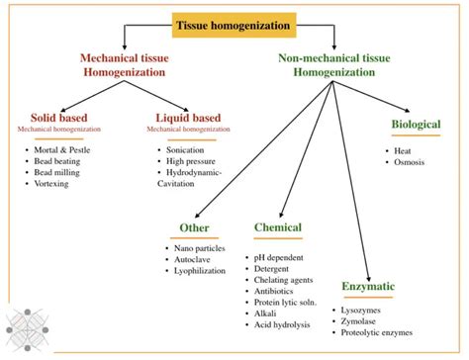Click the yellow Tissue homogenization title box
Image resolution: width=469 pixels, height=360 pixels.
pos(234,22)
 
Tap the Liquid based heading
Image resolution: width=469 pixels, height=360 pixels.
pos(189,118)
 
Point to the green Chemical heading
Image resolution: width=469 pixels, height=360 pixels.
pos(277,227)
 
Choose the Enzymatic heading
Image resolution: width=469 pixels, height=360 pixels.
pos(368,286)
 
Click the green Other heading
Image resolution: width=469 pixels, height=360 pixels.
pos(193,227)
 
